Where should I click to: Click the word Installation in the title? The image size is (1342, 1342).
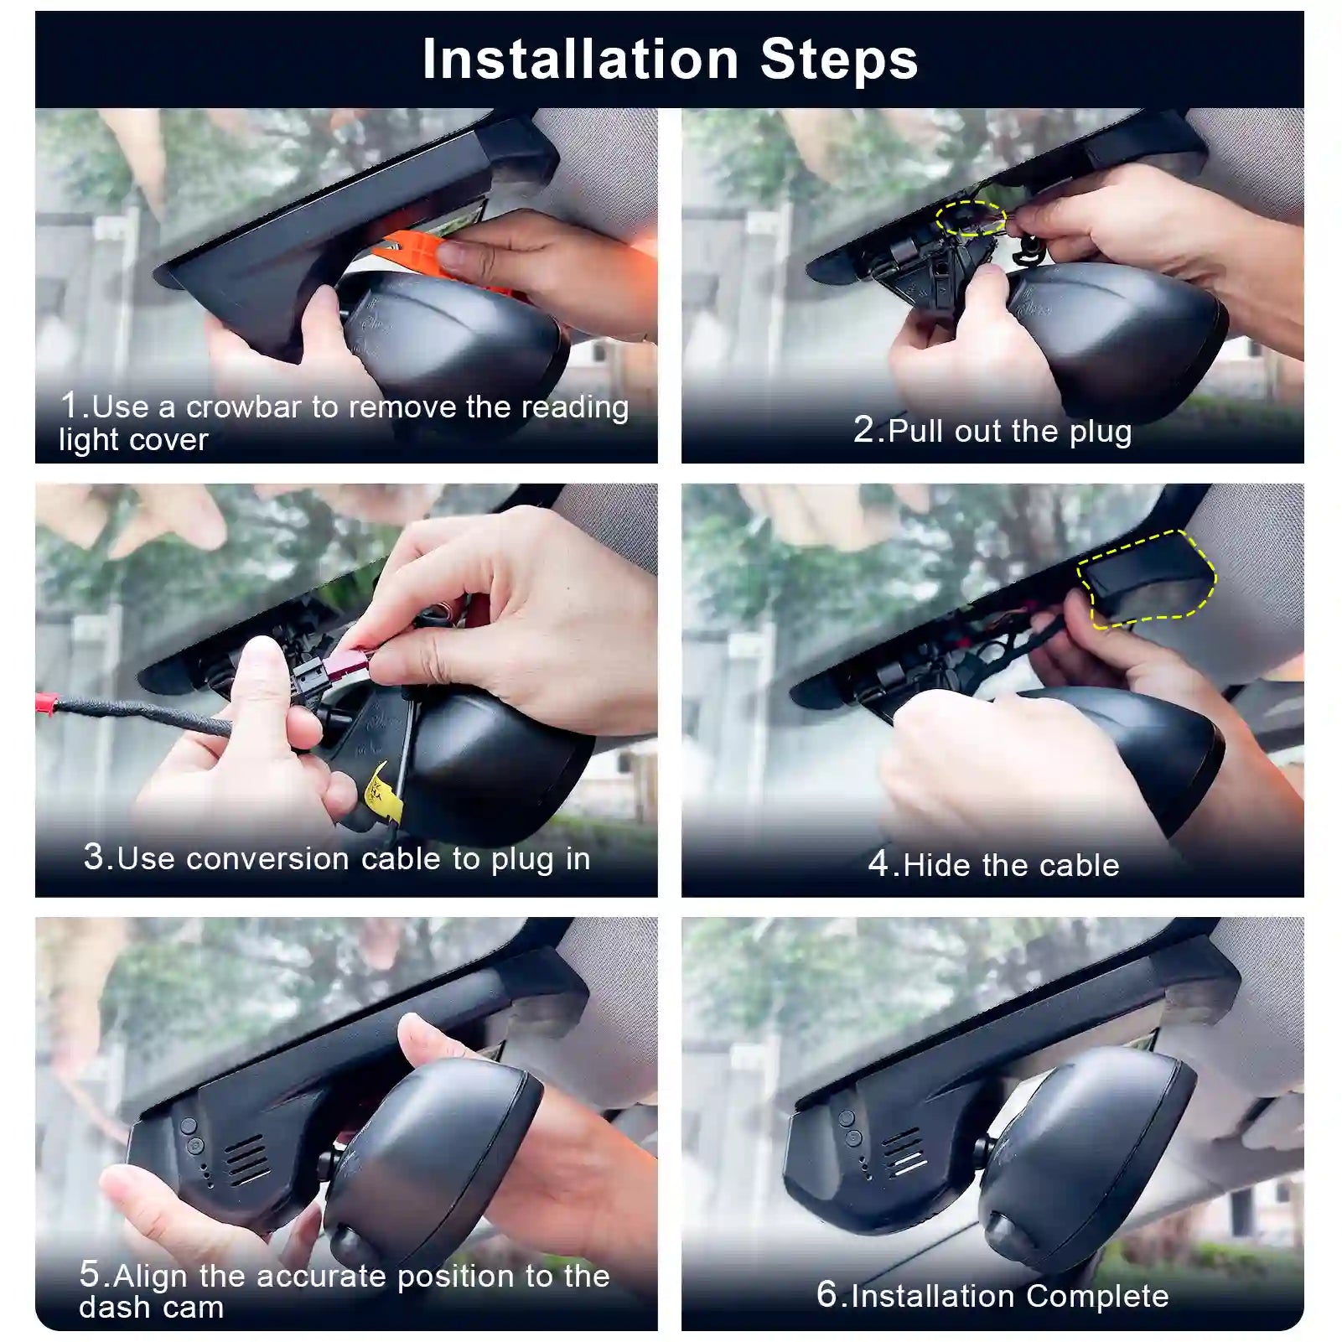coord(580,60)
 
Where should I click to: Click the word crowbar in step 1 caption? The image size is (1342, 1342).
coord(243,407)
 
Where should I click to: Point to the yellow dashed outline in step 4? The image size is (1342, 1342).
coord(1147,578)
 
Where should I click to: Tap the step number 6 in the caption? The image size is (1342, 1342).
coord(826,1294)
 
